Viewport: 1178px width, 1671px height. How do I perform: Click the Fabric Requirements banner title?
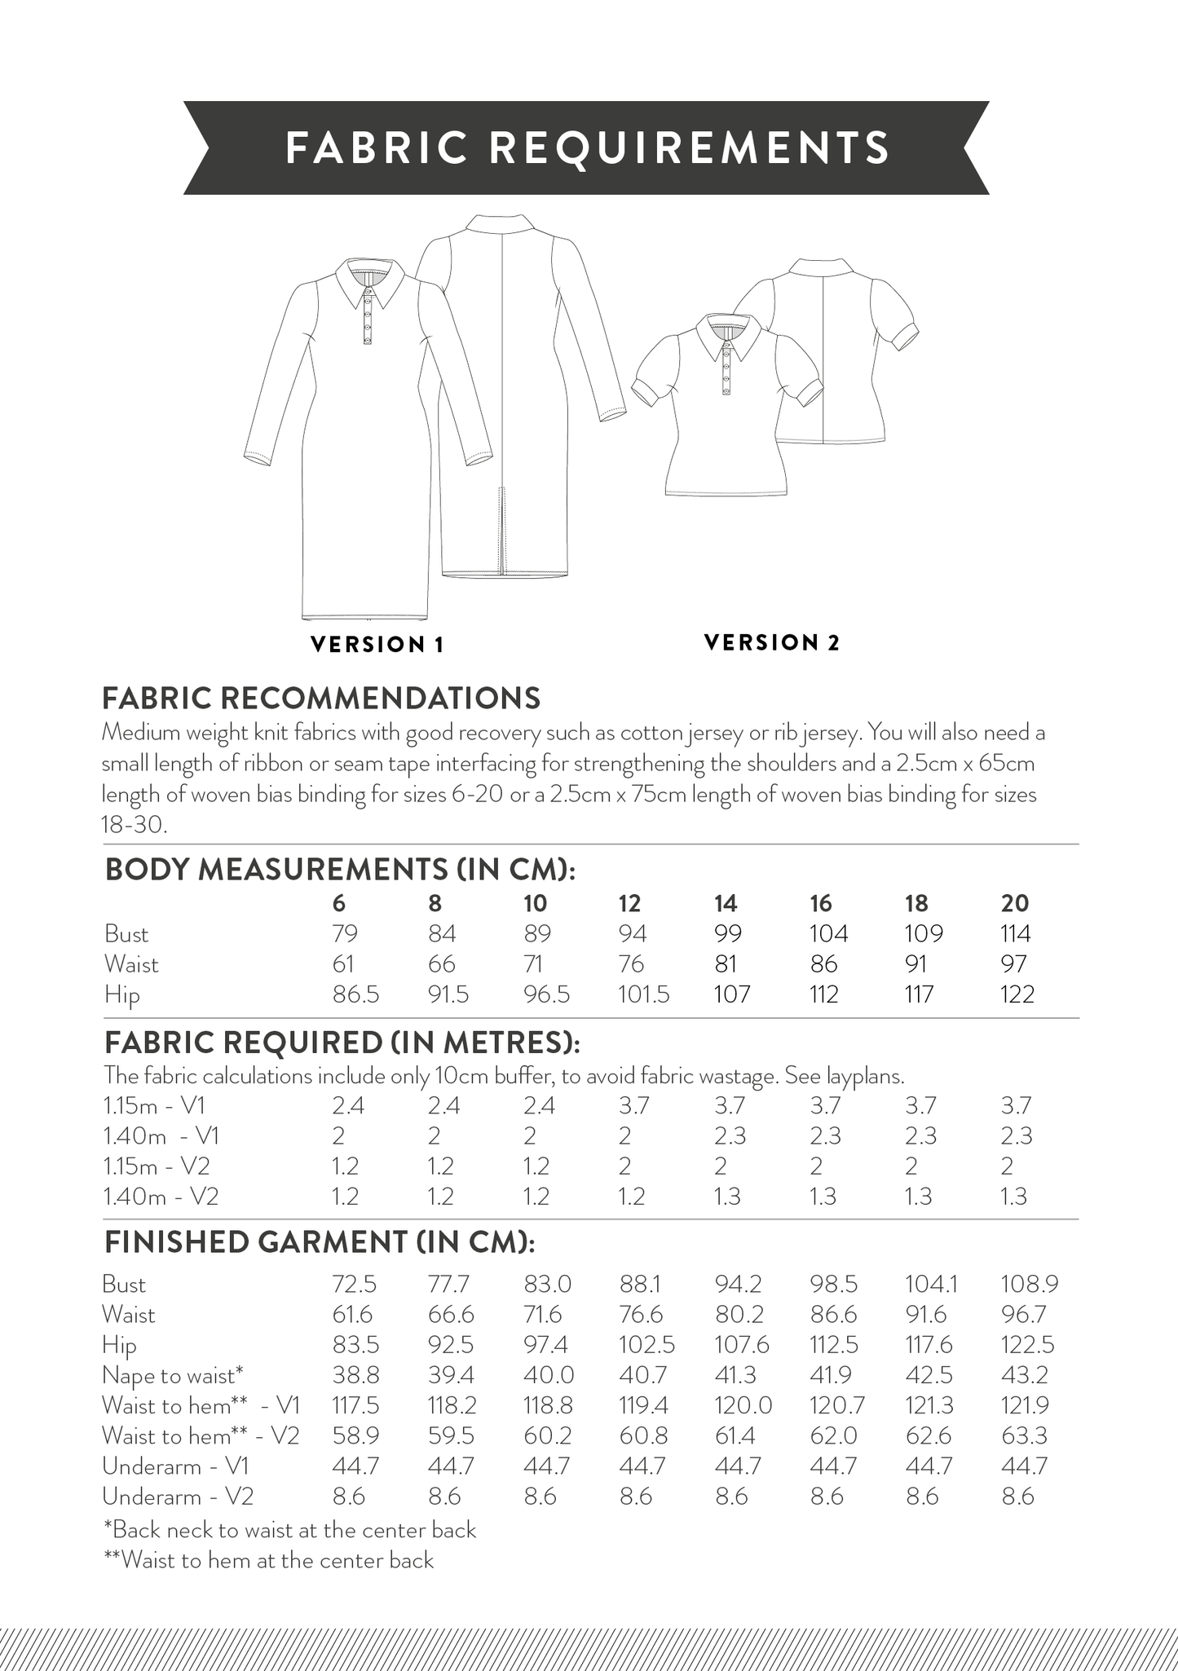(587, 148)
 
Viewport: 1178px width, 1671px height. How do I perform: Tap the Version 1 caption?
(377, 645)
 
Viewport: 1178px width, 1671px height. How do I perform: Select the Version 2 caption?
(771, 642)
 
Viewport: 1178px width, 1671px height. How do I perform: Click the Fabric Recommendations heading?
(320, 698)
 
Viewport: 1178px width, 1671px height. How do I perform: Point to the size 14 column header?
(725, 903)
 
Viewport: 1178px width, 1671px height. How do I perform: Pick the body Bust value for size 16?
(828, 933)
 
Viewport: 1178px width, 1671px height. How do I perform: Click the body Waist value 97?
(1014, 964)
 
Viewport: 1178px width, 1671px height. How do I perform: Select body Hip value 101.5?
(644, 994)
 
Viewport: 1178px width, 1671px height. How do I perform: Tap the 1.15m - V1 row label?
(155, 1106)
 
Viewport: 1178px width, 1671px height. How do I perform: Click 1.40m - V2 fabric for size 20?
(1014, 1197)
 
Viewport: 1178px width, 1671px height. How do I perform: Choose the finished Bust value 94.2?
(738, 1285)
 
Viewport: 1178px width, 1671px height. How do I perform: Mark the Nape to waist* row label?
(173, 1376)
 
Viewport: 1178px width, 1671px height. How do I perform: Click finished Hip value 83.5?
(355, 1345)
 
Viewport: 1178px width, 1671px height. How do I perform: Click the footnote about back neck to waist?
(289, 1530)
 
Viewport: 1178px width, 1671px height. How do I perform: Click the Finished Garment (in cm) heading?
(320, 1241)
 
